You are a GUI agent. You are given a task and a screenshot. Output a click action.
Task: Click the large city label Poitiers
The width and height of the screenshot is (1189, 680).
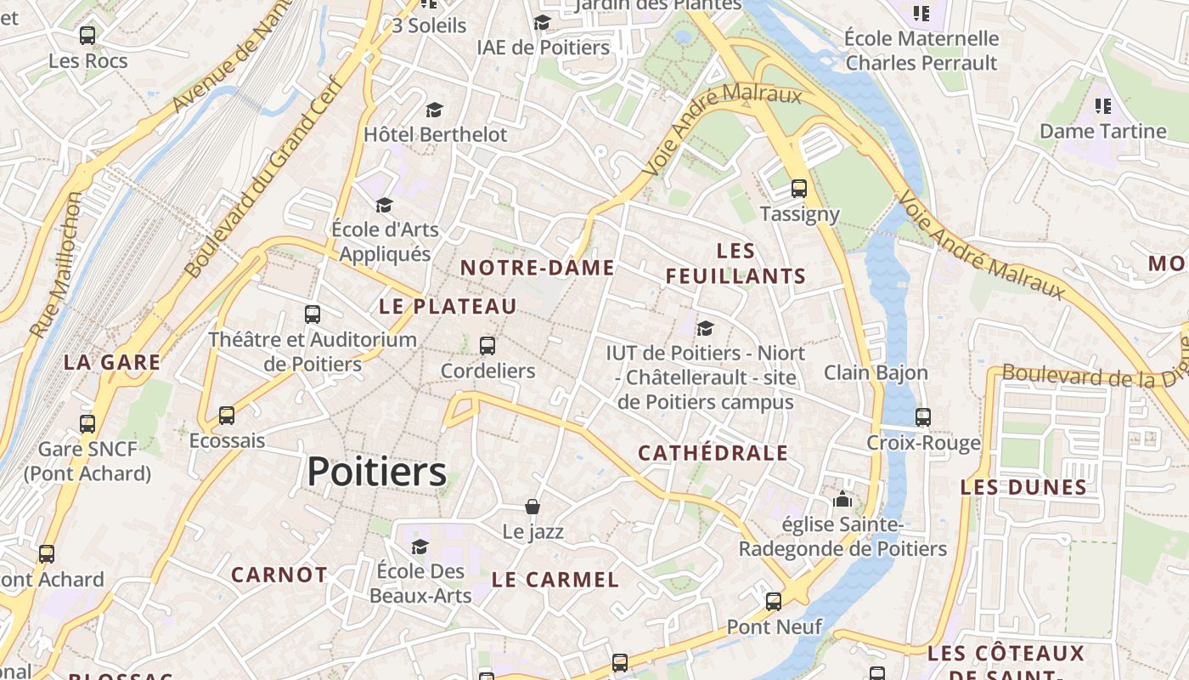tap(376, 472)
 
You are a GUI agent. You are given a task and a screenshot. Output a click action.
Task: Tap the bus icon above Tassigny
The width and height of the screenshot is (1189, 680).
tap(798, 189)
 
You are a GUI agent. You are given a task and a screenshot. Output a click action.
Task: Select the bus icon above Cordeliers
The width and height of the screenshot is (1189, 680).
tap(487, 346)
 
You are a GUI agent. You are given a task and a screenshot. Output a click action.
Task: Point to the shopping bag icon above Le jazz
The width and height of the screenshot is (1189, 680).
tap(533, 507)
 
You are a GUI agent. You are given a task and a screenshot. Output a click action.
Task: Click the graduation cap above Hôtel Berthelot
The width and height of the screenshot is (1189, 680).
tap(435, 110)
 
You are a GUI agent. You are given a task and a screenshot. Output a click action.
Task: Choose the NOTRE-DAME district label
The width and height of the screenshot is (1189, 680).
tap(537, 269)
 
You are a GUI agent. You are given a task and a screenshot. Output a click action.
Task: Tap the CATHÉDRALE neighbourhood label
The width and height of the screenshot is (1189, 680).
tap(713, 453)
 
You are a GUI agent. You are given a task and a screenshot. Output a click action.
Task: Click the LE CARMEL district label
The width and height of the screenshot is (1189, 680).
tap(555, 581)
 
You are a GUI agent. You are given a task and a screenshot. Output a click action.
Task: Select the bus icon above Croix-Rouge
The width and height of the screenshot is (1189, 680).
tap(923, 417)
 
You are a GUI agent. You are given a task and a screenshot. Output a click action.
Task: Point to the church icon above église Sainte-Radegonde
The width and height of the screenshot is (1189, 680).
tap(842, 499)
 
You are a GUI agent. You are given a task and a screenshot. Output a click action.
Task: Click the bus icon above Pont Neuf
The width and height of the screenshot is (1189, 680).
tap(774, 602)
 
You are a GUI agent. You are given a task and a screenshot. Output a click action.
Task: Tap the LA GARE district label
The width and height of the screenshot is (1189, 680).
tap(112, 363)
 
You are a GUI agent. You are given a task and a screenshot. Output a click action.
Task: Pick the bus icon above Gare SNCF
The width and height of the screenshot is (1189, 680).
tap(87, 424)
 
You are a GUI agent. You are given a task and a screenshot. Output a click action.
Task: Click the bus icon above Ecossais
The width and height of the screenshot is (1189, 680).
tap(227, 416)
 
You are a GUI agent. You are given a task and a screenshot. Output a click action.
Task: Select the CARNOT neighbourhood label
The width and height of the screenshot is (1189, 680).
tap(279, 575)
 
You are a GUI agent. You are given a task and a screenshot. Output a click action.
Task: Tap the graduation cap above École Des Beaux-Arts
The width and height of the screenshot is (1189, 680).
tap(420, 547)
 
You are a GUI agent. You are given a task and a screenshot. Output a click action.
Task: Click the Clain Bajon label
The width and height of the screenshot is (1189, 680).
tap(876, 372)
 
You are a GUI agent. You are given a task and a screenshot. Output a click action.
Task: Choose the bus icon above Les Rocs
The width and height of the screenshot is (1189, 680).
tap(87, 36)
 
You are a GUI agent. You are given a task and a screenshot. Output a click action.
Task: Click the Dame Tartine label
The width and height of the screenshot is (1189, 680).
tap(1102, 132)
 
